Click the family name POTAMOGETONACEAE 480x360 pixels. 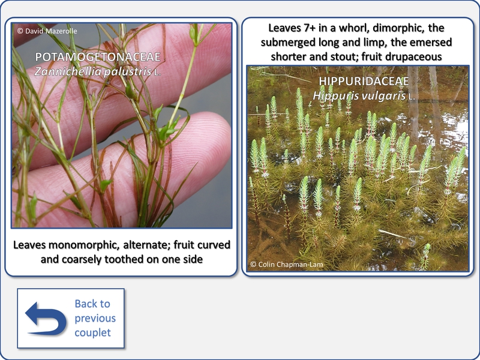tap(98, 57)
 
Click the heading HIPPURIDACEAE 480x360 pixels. tap(364, 81)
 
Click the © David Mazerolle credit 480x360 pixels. tap(47, 31)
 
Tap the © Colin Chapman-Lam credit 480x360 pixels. tap(287, 264)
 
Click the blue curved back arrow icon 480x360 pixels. tap(46, 319)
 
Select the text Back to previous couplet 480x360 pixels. tap(95, 318)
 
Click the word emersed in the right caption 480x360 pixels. tap(431, 42)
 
